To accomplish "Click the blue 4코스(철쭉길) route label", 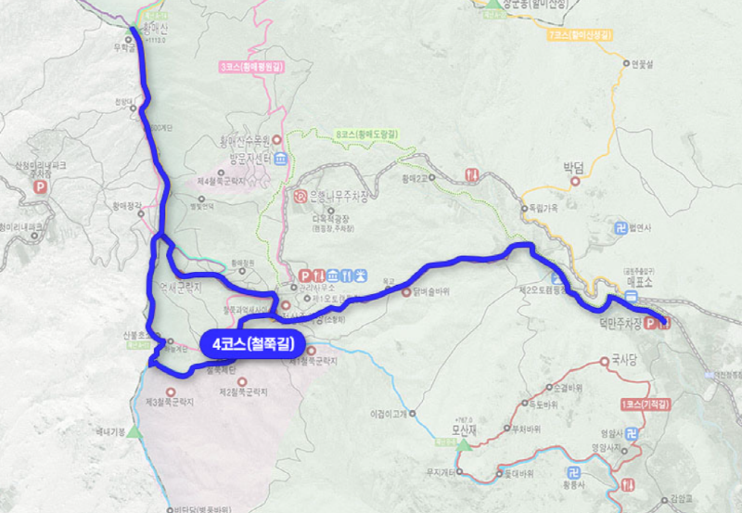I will click(252, 343).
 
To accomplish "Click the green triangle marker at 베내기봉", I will click(135, 432).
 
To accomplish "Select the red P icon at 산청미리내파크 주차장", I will click(40, 186).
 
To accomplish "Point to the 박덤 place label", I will click(574, 168).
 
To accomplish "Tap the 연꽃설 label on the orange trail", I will click(643, 64).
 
